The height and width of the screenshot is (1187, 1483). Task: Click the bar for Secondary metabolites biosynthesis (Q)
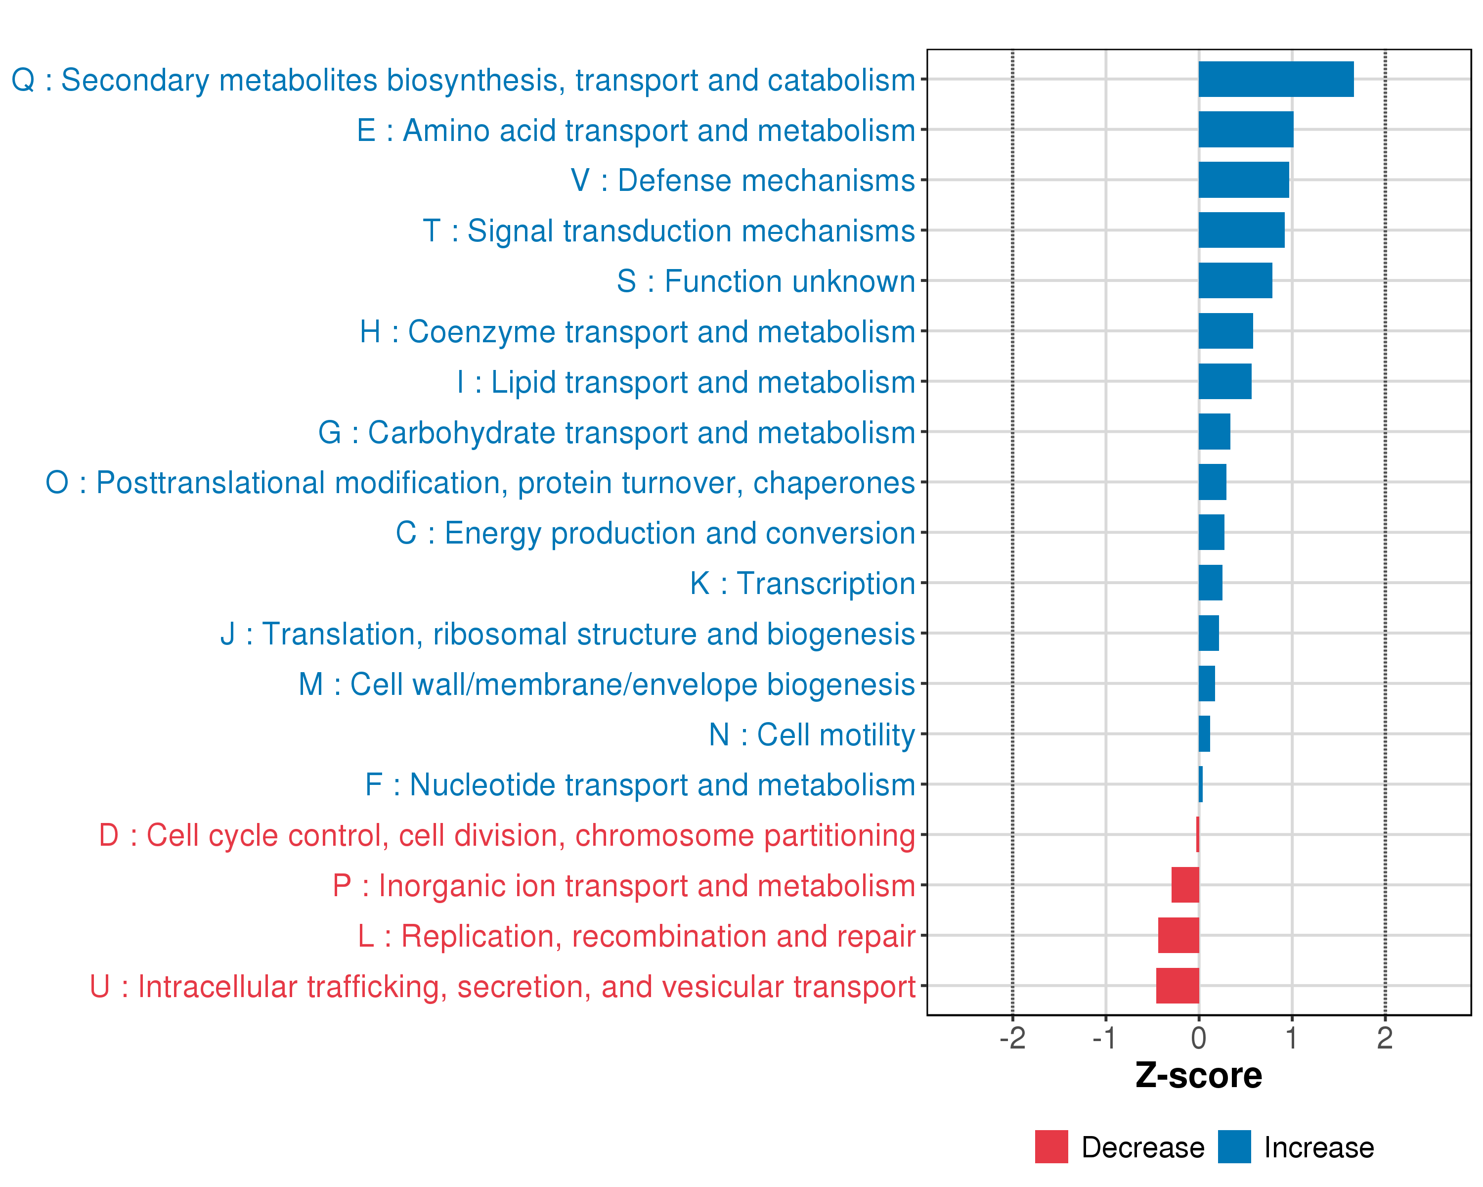[1276, 79]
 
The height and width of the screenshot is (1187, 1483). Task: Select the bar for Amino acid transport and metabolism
[1246, 130]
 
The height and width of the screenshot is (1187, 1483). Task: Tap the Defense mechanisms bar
[1244, 180]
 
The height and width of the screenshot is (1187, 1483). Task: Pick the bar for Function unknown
[1235, 281]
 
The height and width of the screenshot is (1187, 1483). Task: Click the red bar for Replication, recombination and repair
[1178, 935]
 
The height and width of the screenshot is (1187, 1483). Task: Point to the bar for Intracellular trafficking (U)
[1178, 985]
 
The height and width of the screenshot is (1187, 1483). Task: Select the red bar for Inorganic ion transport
[1185, 885]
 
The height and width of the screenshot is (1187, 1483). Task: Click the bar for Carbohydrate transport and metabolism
[1214, 431]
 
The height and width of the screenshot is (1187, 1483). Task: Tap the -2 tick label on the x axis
[1012, 1038]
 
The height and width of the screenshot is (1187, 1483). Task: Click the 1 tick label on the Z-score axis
[1292, 1038]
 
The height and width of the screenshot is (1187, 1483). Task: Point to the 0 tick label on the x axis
[1198, 1038]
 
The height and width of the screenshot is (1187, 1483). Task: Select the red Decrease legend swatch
[1051, 1147]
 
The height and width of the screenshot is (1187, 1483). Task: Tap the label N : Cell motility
[812, 735]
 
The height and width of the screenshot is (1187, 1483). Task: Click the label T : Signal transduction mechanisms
[669, 231]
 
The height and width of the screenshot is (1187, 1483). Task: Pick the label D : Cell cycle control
[507, 835]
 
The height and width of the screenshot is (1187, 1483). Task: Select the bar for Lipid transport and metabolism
[1225, 381]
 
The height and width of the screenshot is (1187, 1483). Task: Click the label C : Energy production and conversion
[655, 533]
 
